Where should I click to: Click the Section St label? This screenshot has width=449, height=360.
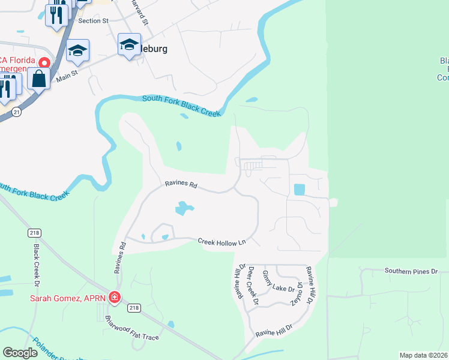[x=93, y=20]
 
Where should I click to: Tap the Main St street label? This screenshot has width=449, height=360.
[x=68, y=76]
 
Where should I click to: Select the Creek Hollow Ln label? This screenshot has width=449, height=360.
[x=222, y=241]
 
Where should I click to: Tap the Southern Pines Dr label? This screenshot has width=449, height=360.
[x=412, y=271]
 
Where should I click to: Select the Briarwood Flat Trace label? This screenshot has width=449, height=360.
[x=132, y=328]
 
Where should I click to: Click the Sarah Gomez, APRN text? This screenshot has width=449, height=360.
[x=68, y=298]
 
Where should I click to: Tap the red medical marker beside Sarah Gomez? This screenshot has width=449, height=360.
[x=115, y=297]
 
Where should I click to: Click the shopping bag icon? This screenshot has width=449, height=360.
[x=39, y=79]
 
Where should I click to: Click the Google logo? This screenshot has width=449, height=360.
[x=20, y=353]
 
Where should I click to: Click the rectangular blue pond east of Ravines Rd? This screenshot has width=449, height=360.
[x=299, y=189]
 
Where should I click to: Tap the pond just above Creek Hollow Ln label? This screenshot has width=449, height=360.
[x=165, y=237]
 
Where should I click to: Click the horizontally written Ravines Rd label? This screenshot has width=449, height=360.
[x=181, y=185]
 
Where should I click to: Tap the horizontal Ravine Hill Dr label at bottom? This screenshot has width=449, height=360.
[x=273, y=330]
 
